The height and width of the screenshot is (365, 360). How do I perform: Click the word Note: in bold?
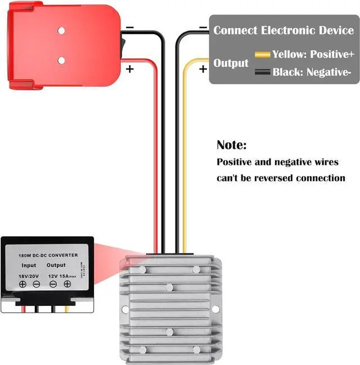point(232,145)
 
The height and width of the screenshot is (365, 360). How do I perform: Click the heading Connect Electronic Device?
point(283,30)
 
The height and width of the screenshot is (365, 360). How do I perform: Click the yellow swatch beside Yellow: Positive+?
point(263,55)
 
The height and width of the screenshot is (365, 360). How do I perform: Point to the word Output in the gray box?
point(231,64)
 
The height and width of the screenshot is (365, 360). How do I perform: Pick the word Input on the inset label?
point(29,264)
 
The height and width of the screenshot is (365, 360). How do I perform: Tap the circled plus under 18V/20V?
point(23,284)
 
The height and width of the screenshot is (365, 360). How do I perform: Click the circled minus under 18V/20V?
point(36,284)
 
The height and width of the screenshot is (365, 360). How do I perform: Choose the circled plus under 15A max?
point(67,284)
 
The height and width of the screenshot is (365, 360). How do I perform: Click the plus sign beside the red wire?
point(130,69)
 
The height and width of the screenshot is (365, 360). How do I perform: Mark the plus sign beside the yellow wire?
point(202,69)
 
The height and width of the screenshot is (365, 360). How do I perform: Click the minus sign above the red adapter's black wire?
point(130,27)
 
